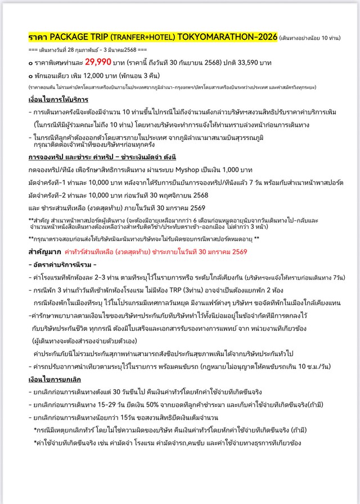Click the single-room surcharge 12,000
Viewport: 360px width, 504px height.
click(84, 75)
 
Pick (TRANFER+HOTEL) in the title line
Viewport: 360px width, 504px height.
click(134, 37)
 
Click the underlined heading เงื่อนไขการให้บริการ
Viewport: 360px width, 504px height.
click(56, 100)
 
